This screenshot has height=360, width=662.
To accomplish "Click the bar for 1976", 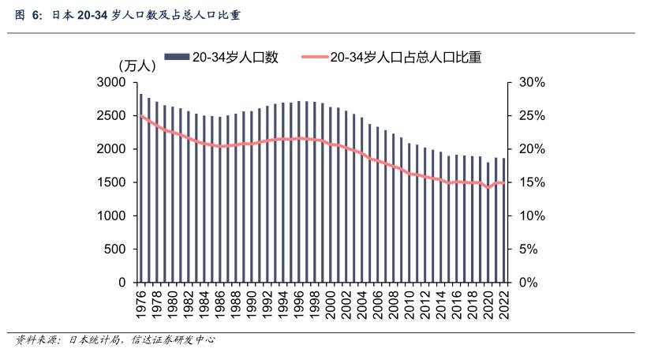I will pyautogui.click(x=141, y=188).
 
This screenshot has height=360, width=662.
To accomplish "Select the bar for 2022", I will pyautogui.click(x=503, y=220).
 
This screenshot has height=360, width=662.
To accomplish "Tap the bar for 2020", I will pyautogui.click(x=488, y=222).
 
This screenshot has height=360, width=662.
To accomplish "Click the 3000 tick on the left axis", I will pyautogui.click(x=111, y=83).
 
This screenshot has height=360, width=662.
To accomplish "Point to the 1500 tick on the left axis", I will pyautogui.click(x=111, y=182).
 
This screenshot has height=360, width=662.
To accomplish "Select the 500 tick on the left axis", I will pyautogui.click(x=115, y=249).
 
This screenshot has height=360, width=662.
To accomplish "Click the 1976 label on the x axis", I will pyautogui.click(x=141, y=303).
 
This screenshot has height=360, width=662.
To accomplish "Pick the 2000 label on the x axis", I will pyautogui.click(x=331, y=303).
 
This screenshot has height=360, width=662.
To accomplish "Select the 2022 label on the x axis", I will pyautogui.click(x=503, y=303).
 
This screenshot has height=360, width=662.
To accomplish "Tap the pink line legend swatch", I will pyautogui.click(x=313, y=57).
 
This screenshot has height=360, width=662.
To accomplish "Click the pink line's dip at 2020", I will pyautogui.click(x=488, y=188).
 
